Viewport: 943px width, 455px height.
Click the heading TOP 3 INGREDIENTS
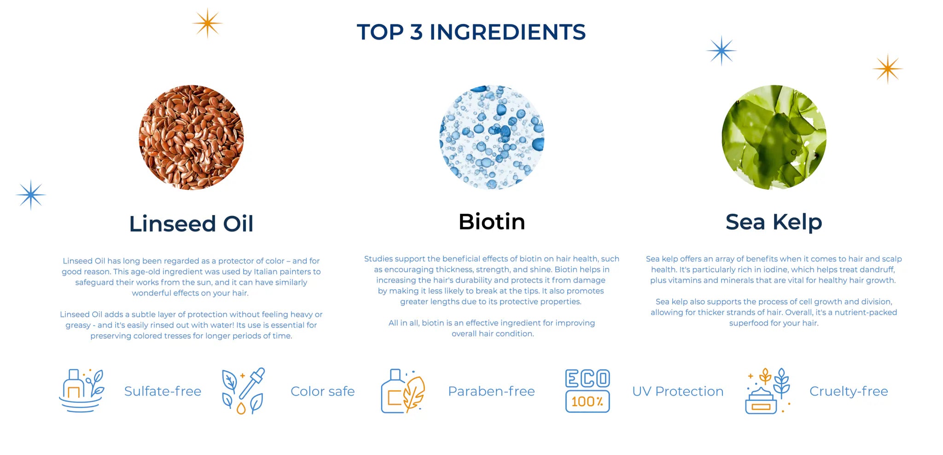(471, 32)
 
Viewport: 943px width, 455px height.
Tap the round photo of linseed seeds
(191, 137)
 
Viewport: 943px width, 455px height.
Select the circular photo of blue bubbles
(492, 137)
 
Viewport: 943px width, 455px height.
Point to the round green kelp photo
(774, 137)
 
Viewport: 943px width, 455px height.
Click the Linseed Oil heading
(191, 224)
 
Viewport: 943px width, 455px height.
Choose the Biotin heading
(492, 222)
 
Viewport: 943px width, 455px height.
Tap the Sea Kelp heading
(774, 222)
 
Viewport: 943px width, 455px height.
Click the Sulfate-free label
(163, 391)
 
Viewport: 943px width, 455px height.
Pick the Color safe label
(323, 391)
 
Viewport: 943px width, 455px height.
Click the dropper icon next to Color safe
(244, 391)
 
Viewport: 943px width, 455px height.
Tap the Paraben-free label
(491, 391)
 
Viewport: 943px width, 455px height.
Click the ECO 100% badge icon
(588, 391)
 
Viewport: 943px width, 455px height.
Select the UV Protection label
(678, 391)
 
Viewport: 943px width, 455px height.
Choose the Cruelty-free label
(849, 391)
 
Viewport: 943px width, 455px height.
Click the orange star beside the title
(207, 23)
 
